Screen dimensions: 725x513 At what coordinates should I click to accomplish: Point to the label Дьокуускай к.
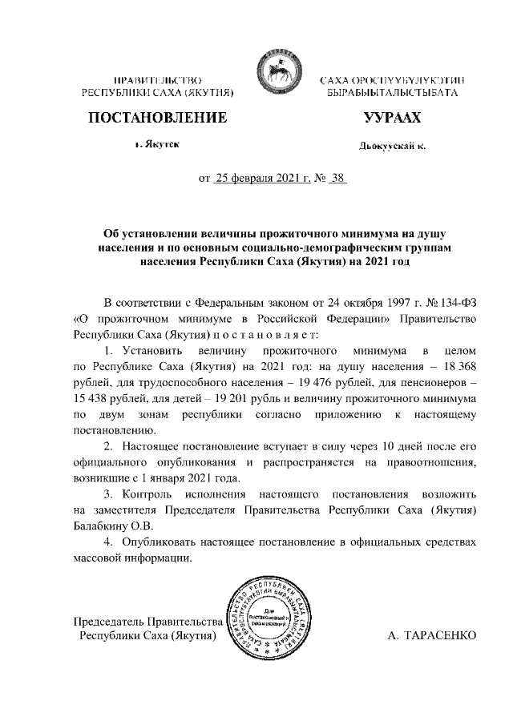pyautogui.click(x=391, y=146)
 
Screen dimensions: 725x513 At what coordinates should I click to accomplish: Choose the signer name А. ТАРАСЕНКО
pyautogui.click(x=432, y=634)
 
